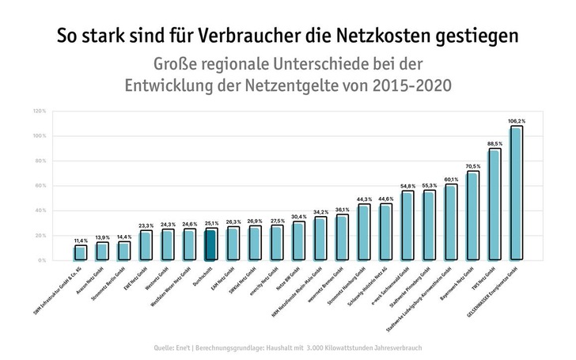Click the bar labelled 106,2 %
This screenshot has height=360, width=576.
pos(516,193)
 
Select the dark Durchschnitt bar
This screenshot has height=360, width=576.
pos(210,244)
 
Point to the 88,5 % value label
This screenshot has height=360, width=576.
pos(495,143)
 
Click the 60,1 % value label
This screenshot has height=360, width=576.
pos(451,179)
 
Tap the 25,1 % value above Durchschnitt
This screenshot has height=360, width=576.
pos(210,223)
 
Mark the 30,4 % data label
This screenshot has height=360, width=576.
pos(298,216)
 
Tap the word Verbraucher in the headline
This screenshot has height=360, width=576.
pos(240,36)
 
